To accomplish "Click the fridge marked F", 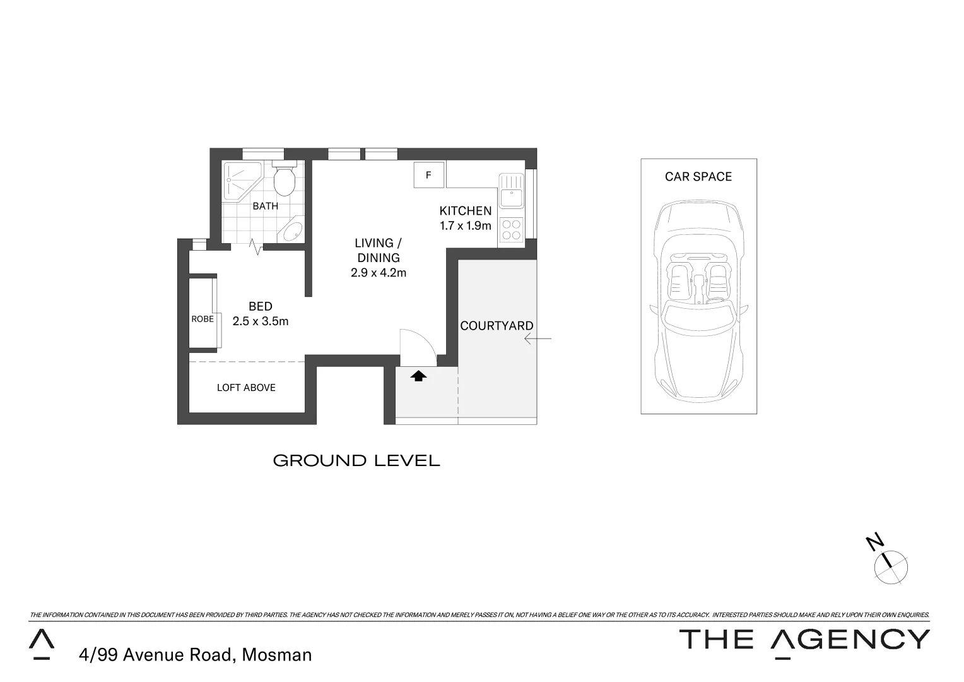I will [429, 175].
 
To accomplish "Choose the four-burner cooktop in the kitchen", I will [511, 229].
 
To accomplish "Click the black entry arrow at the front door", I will [419, 376].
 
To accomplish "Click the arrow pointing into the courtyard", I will [538, 339].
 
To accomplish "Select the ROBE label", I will [203, 319].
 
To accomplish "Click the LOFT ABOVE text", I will [246, 388].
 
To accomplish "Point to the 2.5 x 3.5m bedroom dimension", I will [261, 321].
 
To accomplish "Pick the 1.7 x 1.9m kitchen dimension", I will [466, 225].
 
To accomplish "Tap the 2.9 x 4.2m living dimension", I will [379, 273].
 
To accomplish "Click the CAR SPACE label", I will [698, 177].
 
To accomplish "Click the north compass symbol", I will [890, 563].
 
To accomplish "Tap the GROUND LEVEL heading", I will [356, 461].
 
